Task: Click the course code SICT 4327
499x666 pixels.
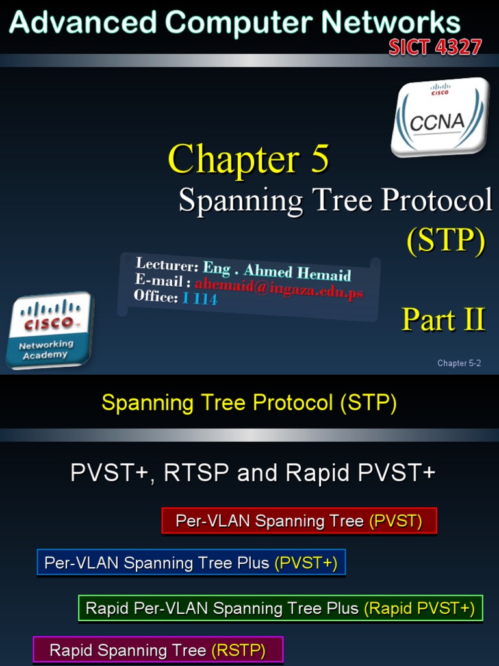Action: coord(435,47)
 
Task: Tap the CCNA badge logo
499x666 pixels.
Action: coord(440,117)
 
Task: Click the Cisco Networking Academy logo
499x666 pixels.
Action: coord(49,330)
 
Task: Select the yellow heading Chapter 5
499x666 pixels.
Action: coord(248,159)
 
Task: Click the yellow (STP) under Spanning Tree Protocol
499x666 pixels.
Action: coord(446,240)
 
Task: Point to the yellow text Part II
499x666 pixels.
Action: coord(443,319)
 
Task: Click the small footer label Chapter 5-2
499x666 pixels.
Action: coord(459,364)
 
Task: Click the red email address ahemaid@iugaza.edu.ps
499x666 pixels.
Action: coord(278,287)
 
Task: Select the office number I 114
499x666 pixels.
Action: coord(199,299)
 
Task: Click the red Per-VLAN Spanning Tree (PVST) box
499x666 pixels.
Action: coord(299,521)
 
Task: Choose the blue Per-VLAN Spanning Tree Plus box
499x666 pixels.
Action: coord(191,563)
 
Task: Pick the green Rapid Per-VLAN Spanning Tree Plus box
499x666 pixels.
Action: coord(280,608)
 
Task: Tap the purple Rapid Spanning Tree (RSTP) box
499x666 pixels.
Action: coord(158,650)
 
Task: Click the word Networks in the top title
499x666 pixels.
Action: coord(391,23)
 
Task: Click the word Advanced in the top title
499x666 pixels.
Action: coord(83,23)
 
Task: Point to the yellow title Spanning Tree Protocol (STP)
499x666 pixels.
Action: coord(249,403)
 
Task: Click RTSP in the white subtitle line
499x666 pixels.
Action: coord(197,473)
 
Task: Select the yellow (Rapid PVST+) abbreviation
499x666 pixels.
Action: coord(419,608)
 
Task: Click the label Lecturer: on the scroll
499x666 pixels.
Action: coord(166,265)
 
